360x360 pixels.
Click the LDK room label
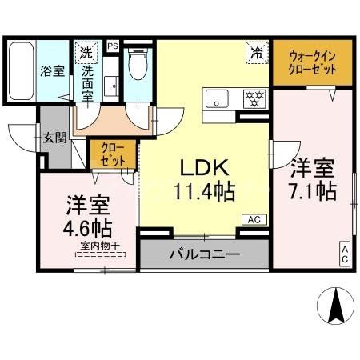coord(203,168)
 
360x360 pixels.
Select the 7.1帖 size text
coord(312,190)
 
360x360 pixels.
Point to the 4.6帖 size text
coord(88,227)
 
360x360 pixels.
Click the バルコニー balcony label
coord(203,256)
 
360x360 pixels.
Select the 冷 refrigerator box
coord(257,53)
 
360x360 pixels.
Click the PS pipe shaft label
coord(112,46)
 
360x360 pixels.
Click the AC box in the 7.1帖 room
coord(346,254)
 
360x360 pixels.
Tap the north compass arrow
coord(334,306)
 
